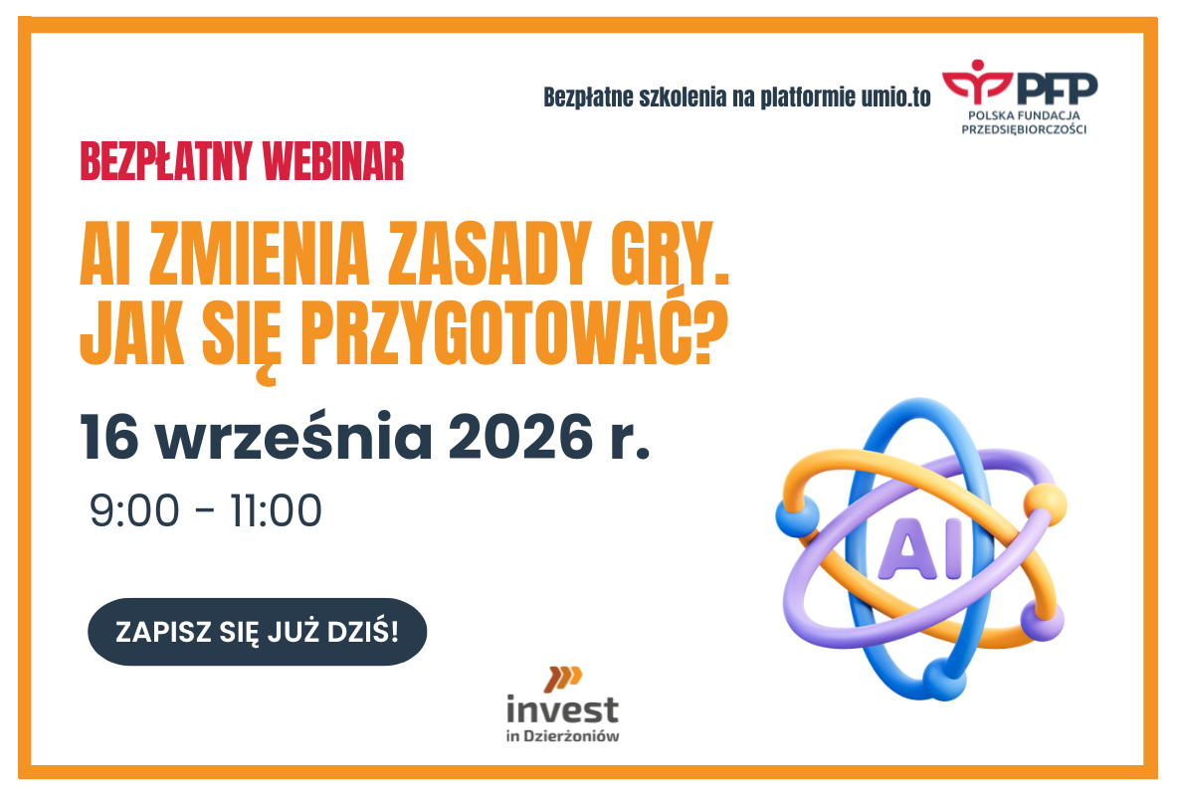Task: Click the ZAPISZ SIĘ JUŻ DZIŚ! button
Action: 258,632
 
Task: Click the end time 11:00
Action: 277,511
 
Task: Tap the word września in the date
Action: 294,435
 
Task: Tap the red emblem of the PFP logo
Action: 977,81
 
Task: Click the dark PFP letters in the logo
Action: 1058,89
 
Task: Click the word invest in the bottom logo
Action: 562,709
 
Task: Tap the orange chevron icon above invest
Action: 563,679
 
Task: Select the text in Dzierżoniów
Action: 562,736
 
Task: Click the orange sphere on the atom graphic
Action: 1045,502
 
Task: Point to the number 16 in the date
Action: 109,437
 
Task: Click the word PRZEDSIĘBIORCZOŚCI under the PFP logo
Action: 1024,129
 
